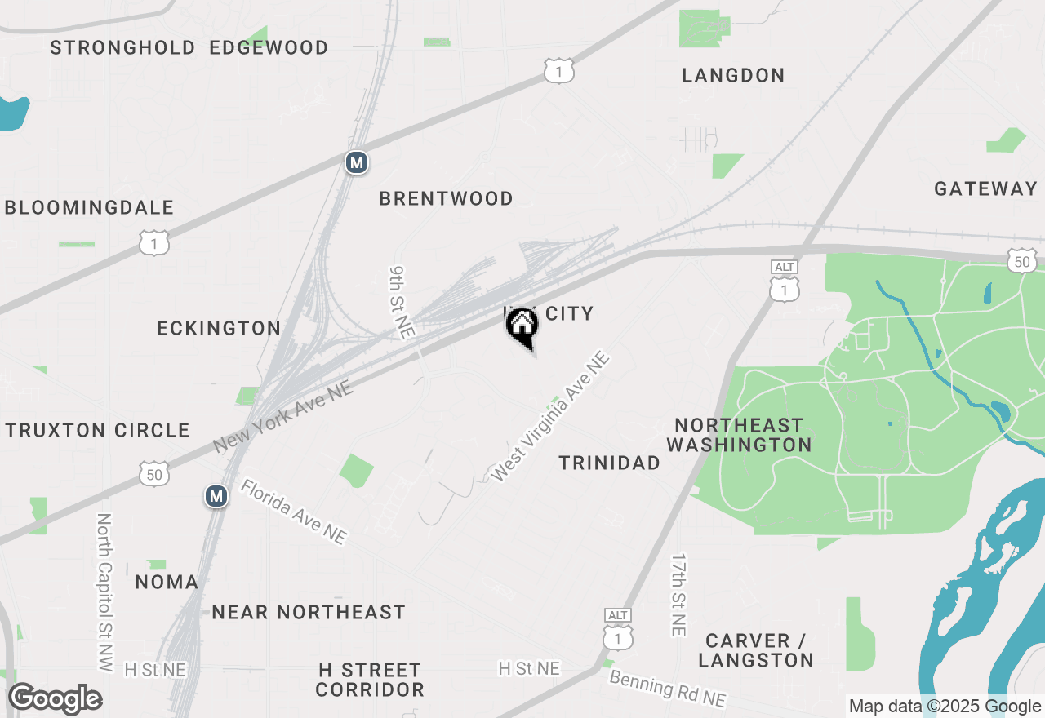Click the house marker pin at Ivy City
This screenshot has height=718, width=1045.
coord(522,327)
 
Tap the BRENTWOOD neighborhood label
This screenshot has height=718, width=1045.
coord(446,198)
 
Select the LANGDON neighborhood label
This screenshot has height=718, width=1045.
coord(733,75)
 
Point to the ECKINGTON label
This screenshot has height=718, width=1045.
coord(219,328)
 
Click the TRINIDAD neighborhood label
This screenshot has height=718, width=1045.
coord(609,463)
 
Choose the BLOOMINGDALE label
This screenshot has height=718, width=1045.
coord(89,207)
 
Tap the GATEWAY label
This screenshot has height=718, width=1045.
coord(985,188)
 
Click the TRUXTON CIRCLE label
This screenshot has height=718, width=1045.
coord(97,430)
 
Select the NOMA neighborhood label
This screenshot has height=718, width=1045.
coord(167,582)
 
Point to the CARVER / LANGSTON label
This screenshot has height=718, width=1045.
coord(756,650)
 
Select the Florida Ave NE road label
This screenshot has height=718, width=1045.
coord(294,512)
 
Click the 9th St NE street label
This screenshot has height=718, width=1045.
coord(401,301)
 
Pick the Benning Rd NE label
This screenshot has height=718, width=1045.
coord(668,689)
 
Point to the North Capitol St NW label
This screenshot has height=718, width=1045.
coord(104,592)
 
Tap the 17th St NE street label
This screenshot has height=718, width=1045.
coord(678,595)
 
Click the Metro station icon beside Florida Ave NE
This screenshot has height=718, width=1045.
coord(216,495)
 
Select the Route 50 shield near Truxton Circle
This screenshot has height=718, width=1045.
coord(154,473)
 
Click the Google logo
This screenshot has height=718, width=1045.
coord(55,699)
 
